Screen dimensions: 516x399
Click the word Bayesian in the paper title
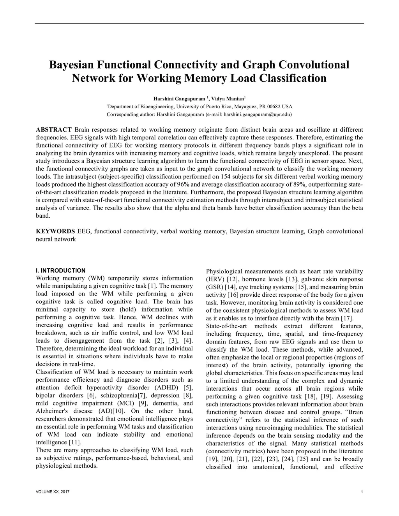tap(71, 64)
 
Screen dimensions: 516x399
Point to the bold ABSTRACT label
tap(54, 130)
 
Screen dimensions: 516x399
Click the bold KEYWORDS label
tap(55, 231)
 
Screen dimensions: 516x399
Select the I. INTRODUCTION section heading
tap(60, 270)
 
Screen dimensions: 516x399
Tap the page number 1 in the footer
tap(362, 492)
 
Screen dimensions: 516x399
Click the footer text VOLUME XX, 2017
tap(53, 492)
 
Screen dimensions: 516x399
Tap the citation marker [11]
tap(75, 442)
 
